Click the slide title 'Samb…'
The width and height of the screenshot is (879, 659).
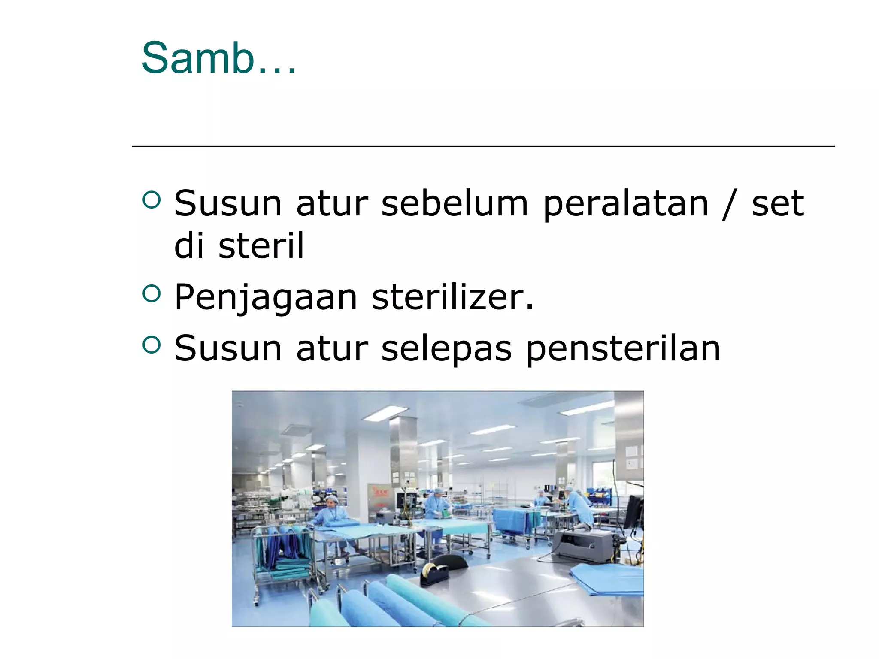(x=218, y=58)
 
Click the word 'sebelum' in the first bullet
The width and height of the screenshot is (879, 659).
(x=455, y=203)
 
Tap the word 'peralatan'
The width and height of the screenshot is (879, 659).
(x=626, y=204)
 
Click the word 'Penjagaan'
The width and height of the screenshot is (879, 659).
(x=266, y=298)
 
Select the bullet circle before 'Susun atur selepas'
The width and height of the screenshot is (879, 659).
(x=151, y=345)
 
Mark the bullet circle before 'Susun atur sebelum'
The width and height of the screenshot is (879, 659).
(x=151, y=200)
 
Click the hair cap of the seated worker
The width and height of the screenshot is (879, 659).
(x=331, y=499)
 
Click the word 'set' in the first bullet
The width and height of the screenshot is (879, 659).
(x=777, y=203)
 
